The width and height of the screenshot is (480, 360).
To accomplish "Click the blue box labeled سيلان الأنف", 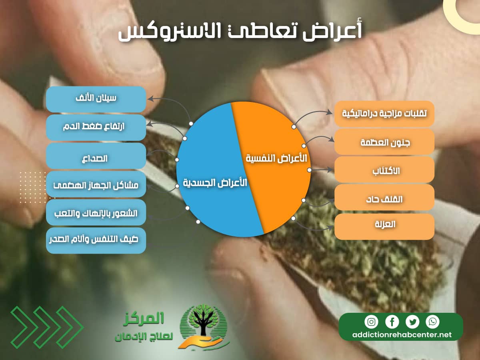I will pos(96,99).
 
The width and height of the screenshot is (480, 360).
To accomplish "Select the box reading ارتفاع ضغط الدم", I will pos(96,128).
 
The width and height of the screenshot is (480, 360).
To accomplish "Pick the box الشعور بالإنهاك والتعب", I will pos(96,212).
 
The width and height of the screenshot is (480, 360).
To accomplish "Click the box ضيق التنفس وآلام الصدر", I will pos(96,241).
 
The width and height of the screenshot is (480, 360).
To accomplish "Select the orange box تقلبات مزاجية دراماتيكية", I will pos(384,114).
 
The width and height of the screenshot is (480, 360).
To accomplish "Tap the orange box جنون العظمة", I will pos(384,142).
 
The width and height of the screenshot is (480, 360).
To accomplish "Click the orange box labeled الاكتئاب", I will pos(384,170).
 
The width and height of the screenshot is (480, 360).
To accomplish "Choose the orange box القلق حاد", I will pos(384,198).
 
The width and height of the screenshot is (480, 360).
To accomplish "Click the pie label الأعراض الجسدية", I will pos(215,183).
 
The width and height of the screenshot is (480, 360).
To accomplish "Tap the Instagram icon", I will pos(371,322).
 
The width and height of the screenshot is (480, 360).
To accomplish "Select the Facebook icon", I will pos(392,322).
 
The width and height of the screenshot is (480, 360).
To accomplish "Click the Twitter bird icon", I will pos(412,322).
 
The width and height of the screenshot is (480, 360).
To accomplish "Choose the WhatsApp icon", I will pos(432,322).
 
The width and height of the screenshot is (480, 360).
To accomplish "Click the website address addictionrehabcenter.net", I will pos(401,335).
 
